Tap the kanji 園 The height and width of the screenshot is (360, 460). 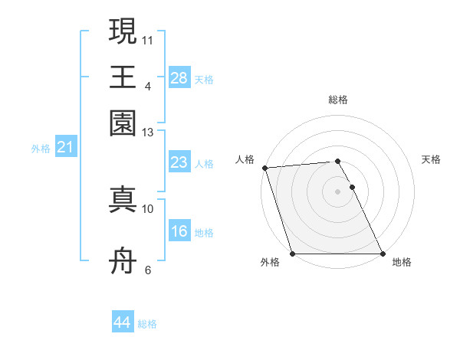tap(123, 123)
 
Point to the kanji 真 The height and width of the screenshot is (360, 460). tap(123, 199)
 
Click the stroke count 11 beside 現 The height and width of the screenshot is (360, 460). tap(148, 40)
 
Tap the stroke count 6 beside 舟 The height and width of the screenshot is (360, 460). tap(148, 270)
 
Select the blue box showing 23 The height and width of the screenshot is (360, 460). tap(179, 162)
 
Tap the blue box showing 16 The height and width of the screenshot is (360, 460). tap(179, 231)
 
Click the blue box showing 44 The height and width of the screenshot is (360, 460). tap(122, 322)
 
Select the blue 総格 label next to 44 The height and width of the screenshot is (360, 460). tap(147, 324)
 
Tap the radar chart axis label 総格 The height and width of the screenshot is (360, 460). tap(337, 100)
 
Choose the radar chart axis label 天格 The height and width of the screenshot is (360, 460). tap(431, 159)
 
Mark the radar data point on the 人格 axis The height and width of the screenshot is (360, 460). tap(264, 168)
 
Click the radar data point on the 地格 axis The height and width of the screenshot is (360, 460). tap(382, 254)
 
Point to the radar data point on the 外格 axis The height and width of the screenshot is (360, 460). tap(292, 254)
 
